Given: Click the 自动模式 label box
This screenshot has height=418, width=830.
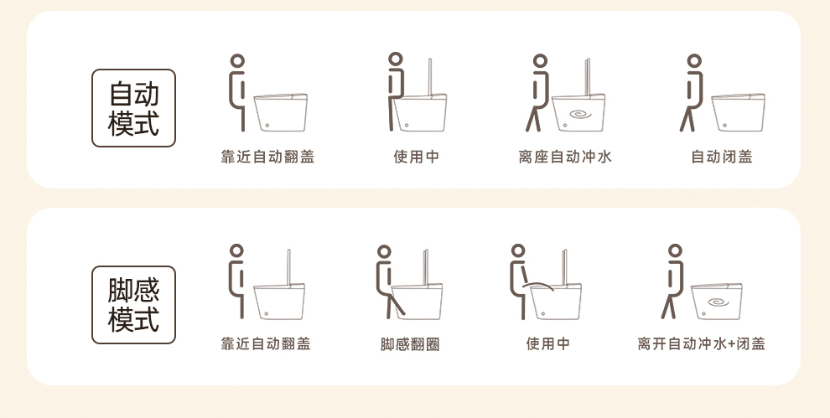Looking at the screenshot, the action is (133, 108).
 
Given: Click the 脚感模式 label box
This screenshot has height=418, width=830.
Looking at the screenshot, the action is (133, 305).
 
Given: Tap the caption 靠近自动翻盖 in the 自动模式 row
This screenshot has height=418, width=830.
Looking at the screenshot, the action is (267, 157).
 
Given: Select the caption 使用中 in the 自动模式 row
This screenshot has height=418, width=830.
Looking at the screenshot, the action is (417, 157).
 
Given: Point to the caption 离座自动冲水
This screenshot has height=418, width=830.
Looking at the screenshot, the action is (565, 157).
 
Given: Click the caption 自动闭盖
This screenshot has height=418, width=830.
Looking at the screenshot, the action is (722, 157).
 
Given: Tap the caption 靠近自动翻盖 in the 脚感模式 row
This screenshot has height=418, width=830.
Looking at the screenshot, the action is (266, 344).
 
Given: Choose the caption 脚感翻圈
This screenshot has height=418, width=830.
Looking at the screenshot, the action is (410, 344).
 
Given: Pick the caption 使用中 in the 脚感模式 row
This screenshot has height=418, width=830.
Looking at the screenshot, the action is (547, 344).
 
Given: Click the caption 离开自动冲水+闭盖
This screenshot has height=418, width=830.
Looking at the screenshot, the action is (702, 344).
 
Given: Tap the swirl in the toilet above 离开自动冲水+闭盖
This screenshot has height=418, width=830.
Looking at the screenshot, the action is (718, 303).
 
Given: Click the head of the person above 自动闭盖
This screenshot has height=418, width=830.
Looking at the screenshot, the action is (694, 61).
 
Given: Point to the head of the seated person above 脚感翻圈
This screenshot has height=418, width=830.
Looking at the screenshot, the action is (384, 251).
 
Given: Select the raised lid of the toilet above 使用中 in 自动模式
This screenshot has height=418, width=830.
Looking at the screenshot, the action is (430, 77).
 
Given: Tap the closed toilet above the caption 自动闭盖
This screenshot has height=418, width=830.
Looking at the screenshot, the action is (738, 112).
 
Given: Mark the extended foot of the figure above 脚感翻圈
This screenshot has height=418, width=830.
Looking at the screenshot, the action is (402, 312).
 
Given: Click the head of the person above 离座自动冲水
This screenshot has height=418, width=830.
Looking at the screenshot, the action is (540, 61).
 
